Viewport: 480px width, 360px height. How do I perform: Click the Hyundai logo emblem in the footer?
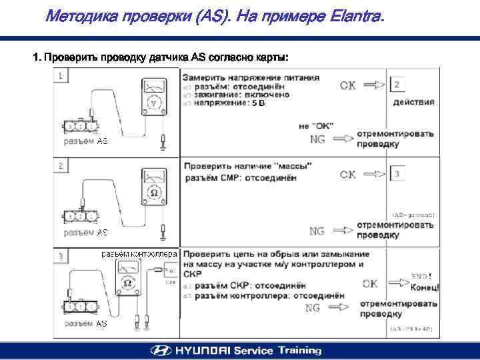point(161,351)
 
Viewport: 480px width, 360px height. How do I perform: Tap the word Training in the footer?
point(299,351)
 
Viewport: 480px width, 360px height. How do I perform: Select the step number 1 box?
point(61,75)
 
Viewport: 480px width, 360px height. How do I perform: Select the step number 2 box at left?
point(61,165)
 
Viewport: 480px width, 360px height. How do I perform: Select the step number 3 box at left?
point(61,255)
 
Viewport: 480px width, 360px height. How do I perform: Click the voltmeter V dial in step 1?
point(154,104)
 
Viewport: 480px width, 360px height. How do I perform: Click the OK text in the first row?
point(348,85)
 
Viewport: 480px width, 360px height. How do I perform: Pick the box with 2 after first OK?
point(398,85)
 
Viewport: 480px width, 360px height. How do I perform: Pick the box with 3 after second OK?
point(398,175)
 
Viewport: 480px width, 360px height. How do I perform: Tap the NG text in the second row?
point(317,231)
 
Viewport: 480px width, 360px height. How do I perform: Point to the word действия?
point(414,102)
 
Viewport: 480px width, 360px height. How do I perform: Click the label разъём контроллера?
point(139,254)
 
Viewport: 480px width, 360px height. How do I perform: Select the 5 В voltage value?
point(258,103)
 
